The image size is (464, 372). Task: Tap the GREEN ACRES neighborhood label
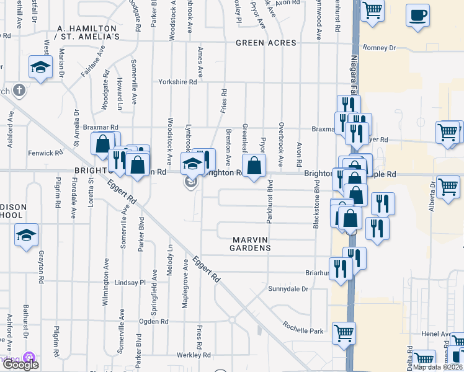tap(266, 43)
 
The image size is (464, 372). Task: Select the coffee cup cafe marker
tap(418, 15)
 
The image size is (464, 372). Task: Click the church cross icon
tap(19, 91)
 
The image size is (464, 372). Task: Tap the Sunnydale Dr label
tap(288, 289)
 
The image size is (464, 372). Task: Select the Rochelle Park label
tap(303, 327)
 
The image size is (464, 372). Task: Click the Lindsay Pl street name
tap(129, 282)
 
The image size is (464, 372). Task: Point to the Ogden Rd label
tap(154, 321)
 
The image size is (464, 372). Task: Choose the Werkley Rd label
tap(194, 355)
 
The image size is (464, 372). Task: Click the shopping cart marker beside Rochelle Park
tap(344, 333)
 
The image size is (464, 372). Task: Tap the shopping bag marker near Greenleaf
tap(254, 166)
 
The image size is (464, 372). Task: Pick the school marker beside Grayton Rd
tap(26, 235)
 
